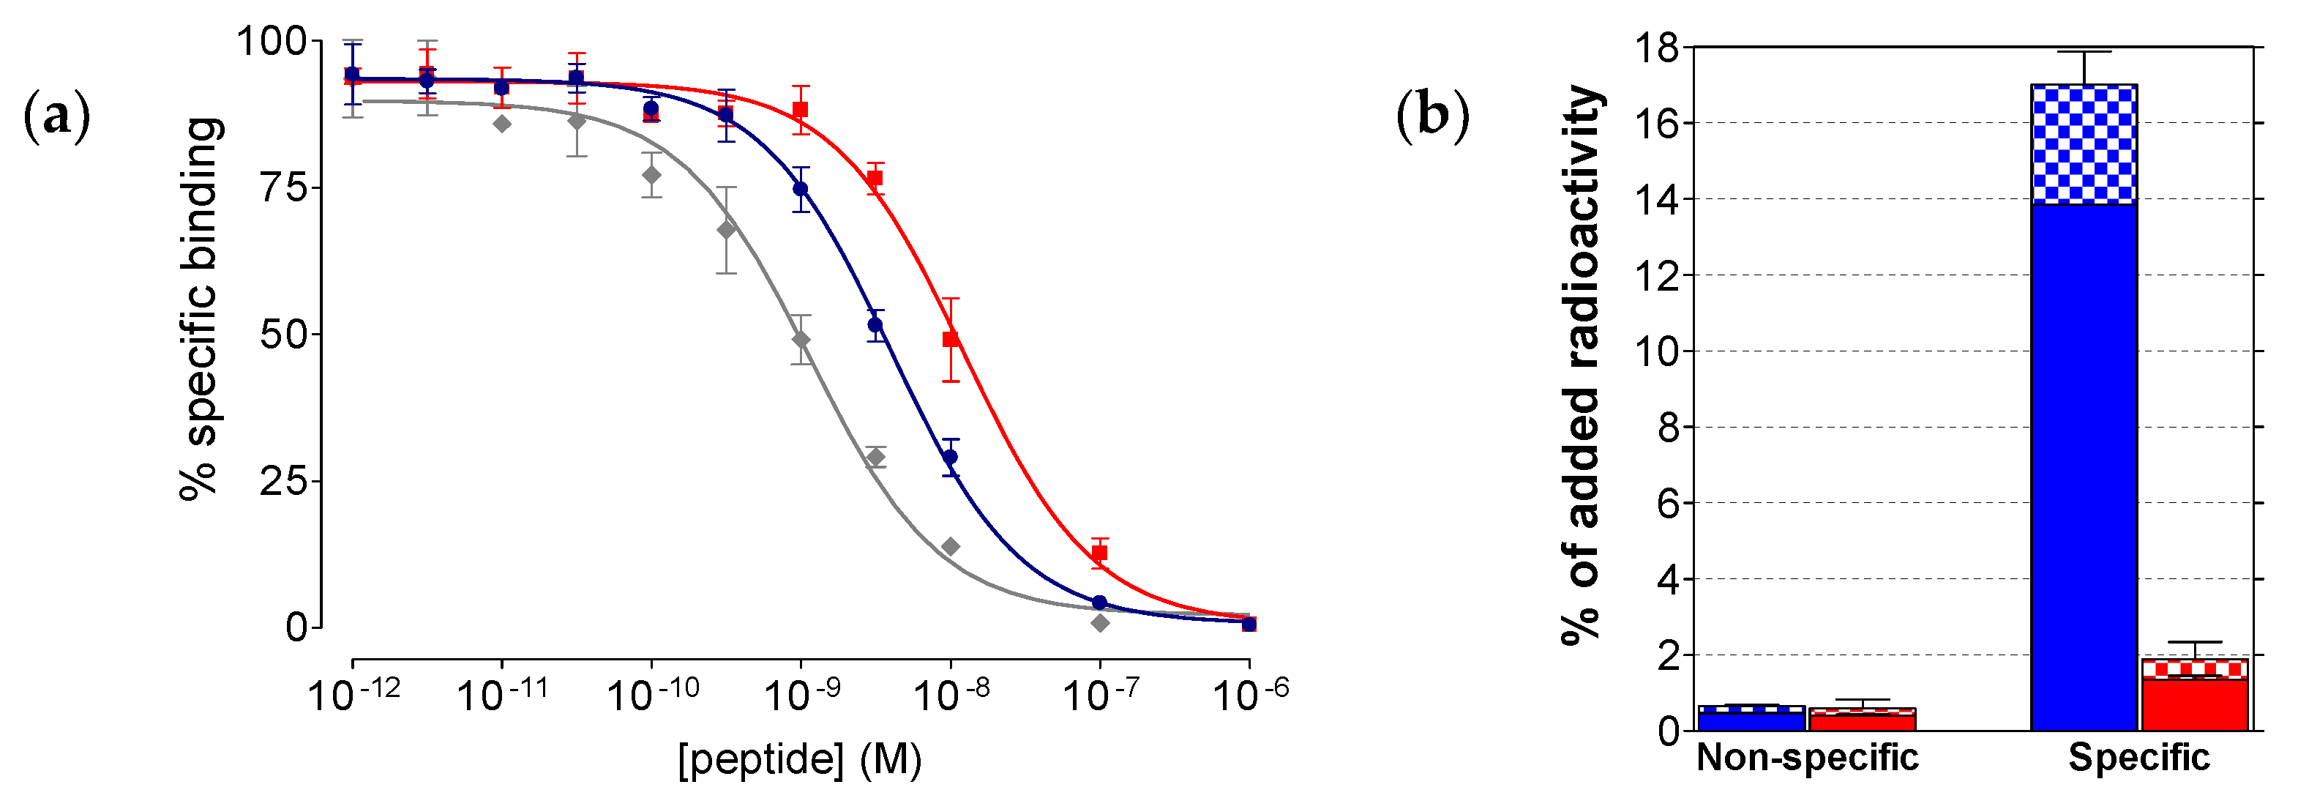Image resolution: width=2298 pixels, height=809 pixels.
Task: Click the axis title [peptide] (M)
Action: pyautogui.click(x=799, y=759)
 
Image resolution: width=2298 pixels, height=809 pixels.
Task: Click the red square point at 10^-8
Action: pyautogui.click(x=951, y=339)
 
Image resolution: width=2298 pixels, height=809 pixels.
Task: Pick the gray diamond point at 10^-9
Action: pyautogui.click(x=801, y=340)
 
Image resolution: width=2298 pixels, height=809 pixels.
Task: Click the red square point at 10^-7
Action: pyautogui.click(x=1100, y=553)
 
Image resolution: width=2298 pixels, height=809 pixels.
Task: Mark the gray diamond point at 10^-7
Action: pyautogui.click(x=1100, y=622)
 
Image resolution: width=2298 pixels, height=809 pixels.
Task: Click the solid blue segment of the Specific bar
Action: pyautogui.click(x=2084, y=464)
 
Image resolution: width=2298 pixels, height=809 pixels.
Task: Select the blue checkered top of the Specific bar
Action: pyautogui.click(x=2084, y=144)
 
